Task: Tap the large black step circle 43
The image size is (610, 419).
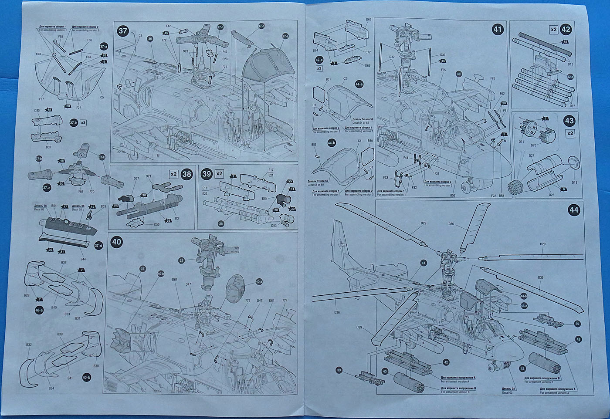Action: (569, 121)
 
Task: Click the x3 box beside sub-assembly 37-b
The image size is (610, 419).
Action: (83, 122)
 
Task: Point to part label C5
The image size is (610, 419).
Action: (102, 97)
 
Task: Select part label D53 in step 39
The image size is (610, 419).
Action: (274, 226)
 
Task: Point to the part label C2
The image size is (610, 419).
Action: (345, 79)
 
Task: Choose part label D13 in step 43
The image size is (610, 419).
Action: (574, 182)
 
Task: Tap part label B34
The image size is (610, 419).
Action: (51, 388)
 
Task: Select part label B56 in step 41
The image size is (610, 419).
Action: (453, 196)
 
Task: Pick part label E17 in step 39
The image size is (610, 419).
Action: (271, 170)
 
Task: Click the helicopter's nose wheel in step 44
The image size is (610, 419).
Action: (491, 368)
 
